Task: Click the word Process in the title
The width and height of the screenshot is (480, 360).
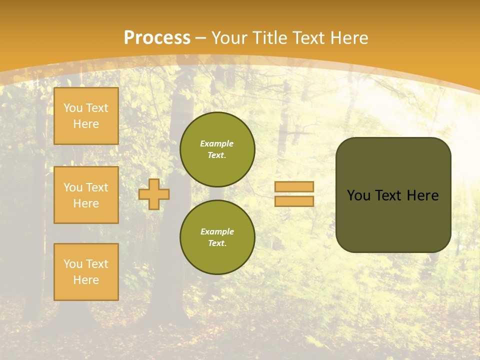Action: click(x=157, y=38)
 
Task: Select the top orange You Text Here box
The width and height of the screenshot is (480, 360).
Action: click(x=86, y=116)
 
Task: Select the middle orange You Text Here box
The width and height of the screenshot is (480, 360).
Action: click(x=86, y=195)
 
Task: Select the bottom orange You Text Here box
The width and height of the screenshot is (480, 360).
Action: click(x=86, y=272)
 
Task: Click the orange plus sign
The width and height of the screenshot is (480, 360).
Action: click(x=154, y=194)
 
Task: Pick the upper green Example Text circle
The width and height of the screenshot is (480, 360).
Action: click(x=217, y=149)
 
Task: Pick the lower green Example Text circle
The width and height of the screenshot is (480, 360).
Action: click(x=217, y=237)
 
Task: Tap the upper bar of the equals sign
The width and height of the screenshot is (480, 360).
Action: click(x=294, y=186)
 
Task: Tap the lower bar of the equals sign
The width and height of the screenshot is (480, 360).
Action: click(x=294, y=201)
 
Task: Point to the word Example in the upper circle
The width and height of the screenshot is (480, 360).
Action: click(x=217, y=143)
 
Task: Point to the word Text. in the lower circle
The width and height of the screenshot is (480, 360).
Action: click(x=217, y=243)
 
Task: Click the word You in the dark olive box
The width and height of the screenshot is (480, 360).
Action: click(x=358, y=195)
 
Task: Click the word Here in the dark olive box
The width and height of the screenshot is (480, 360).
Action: click(x=422, y=195)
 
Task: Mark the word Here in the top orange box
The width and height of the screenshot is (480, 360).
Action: click(x=86, y=124)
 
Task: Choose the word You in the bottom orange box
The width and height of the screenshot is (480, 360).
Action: click(x=73, y=264)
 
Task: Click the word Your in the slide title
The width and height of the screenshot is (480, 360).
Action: click(x=231, y=38)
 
